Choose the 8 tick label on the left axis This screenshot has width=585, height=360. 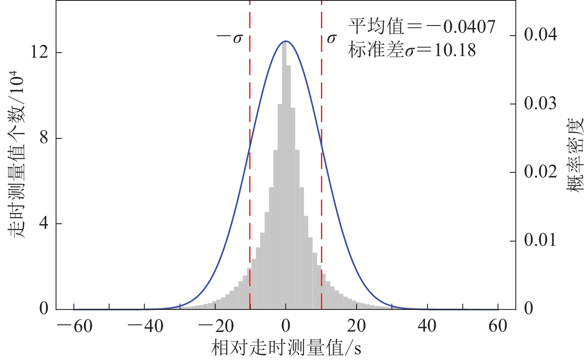click(x=44, y=138)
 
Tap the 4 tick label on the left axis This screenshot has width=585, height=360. click(x=44, y=224)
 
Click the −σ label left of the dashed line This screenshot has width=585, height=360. click(x=229, y=39)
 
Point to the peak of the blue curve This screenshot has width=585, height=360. click(x=286, y=41)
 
